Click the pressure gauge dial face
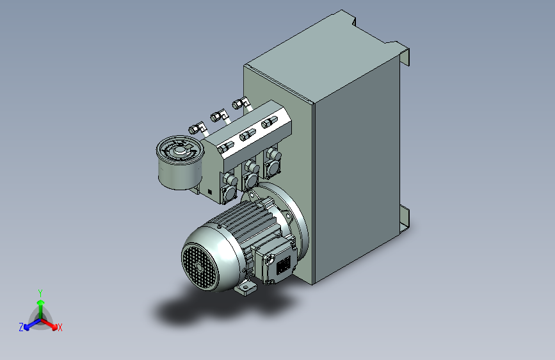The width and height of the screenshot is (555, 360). (180, 151)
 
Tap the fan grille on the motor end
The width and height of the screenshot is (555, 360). (199, 266)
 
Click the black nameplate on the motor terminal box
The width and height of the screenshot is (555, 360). (283, 265)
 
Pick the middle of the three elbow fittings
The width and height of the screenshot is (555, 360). (220, 116)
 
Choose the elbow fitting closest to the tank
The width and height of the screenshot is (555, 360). (241, 104)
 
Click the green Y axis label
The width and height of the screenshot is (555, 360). (40, 293)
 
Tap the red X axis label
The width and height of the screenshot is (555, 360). (60, 327)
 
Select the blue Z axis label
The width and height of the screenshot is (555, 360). (21, 327)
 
